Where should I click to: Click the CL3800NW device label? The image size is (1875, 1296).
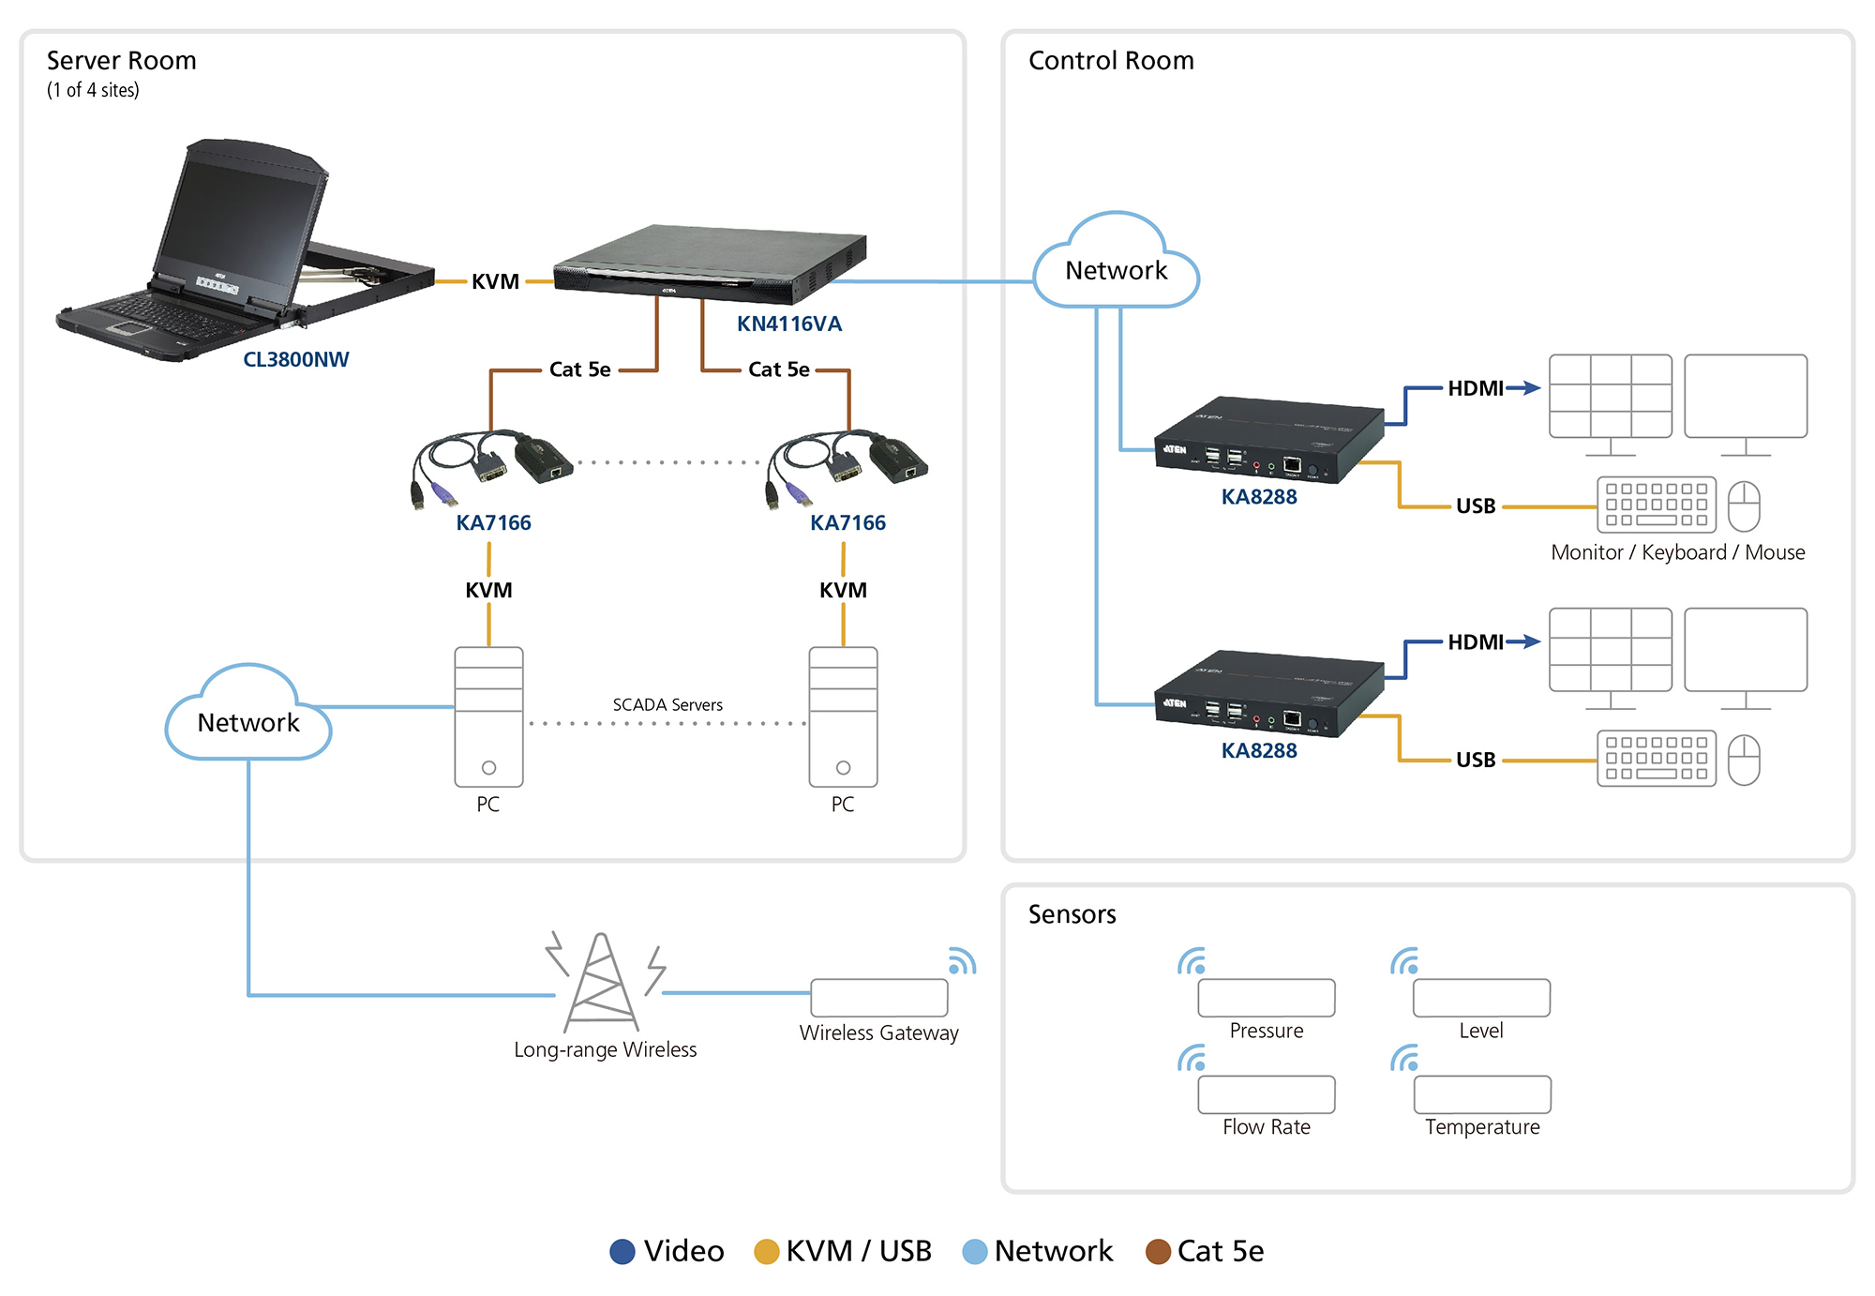295,359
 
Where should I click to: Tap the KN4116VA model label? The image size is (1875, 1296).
788,324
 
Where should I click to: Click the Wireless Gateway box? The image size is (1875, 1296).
878,998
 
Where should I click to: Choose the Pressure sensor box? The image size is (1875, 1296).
1266,998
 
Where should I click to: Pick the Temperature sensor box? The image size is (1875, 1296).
1481,1094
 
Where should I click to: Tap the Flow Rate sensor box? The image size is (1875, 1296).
1266,1094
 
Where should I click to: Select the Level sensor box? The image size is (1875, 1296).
1481,998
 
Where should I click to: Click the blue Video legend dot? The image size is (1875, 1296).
622,1251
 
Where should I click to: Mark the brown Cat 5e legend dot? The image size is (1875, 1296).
1158,1251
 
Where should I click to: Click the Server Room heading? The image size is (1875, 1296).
122,61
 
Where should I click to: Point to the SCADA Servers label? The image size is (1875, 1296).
667,704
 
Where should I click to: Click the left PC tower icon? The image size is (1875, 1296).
488,716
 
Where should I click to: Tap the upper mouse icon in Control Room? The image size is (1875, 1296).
1744,505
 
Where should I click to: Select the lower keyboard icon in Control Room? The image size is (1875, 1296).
1656,759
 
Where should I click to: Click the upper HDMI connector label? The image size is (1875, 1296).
1475,388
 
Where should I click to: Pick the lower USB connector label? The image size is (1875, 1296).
1475,760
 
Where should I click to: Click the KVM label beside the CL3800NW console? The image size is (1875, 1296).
495,281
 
